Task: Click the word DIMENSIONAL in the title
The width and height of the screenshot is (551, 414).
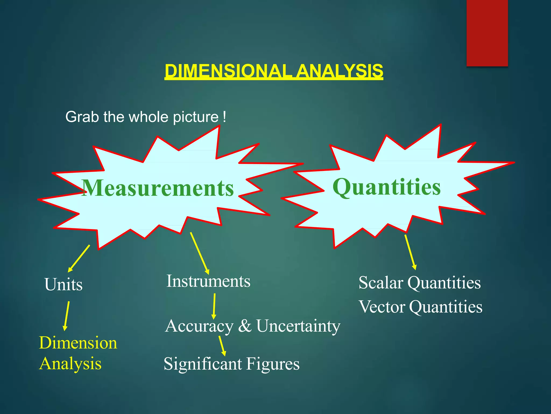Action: point(229,71)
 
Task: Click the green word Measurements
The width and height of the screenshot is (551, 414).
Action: point(158,188)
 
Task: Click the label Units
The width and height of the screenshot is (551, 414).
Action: point(63,284)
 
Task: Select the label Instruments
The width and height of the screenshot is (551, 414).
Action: point(208,281)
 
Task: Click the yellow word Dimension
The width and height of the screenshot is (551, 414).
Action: point(78,343)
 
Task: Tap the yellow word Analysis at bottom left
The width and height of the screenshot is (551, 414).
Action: point(70,363)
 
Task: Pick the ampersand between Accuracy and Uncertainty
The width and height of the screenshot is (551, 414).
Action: point(245,326)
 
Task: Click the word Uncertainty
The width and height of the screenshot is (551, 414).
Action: point(298,326)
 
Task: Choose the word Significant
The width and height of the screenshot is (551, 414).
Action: point(203,364)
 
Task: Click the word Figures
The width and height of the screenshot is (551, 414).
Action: point(273,364)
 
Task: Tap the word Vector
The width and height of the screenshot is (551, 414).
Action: point(382,307)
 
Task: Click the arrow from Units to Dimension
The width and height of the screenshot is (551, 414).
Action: point(66,316)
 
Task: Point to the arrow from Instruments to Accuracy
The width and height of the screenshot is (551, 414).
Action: point(214,306)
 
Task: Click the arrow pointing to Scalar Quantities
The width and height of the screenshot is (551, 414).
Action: point(410,252)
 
